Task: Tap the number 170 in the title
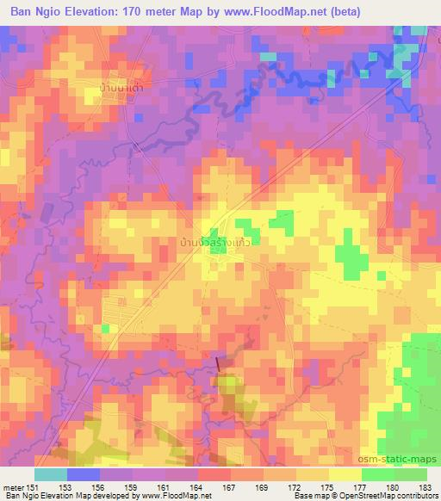[146, 11]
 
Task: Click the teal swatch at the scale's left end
[50, 474]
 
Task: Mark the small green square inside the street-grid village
[106, 329]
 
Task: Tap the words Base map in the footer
[309, 496]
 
